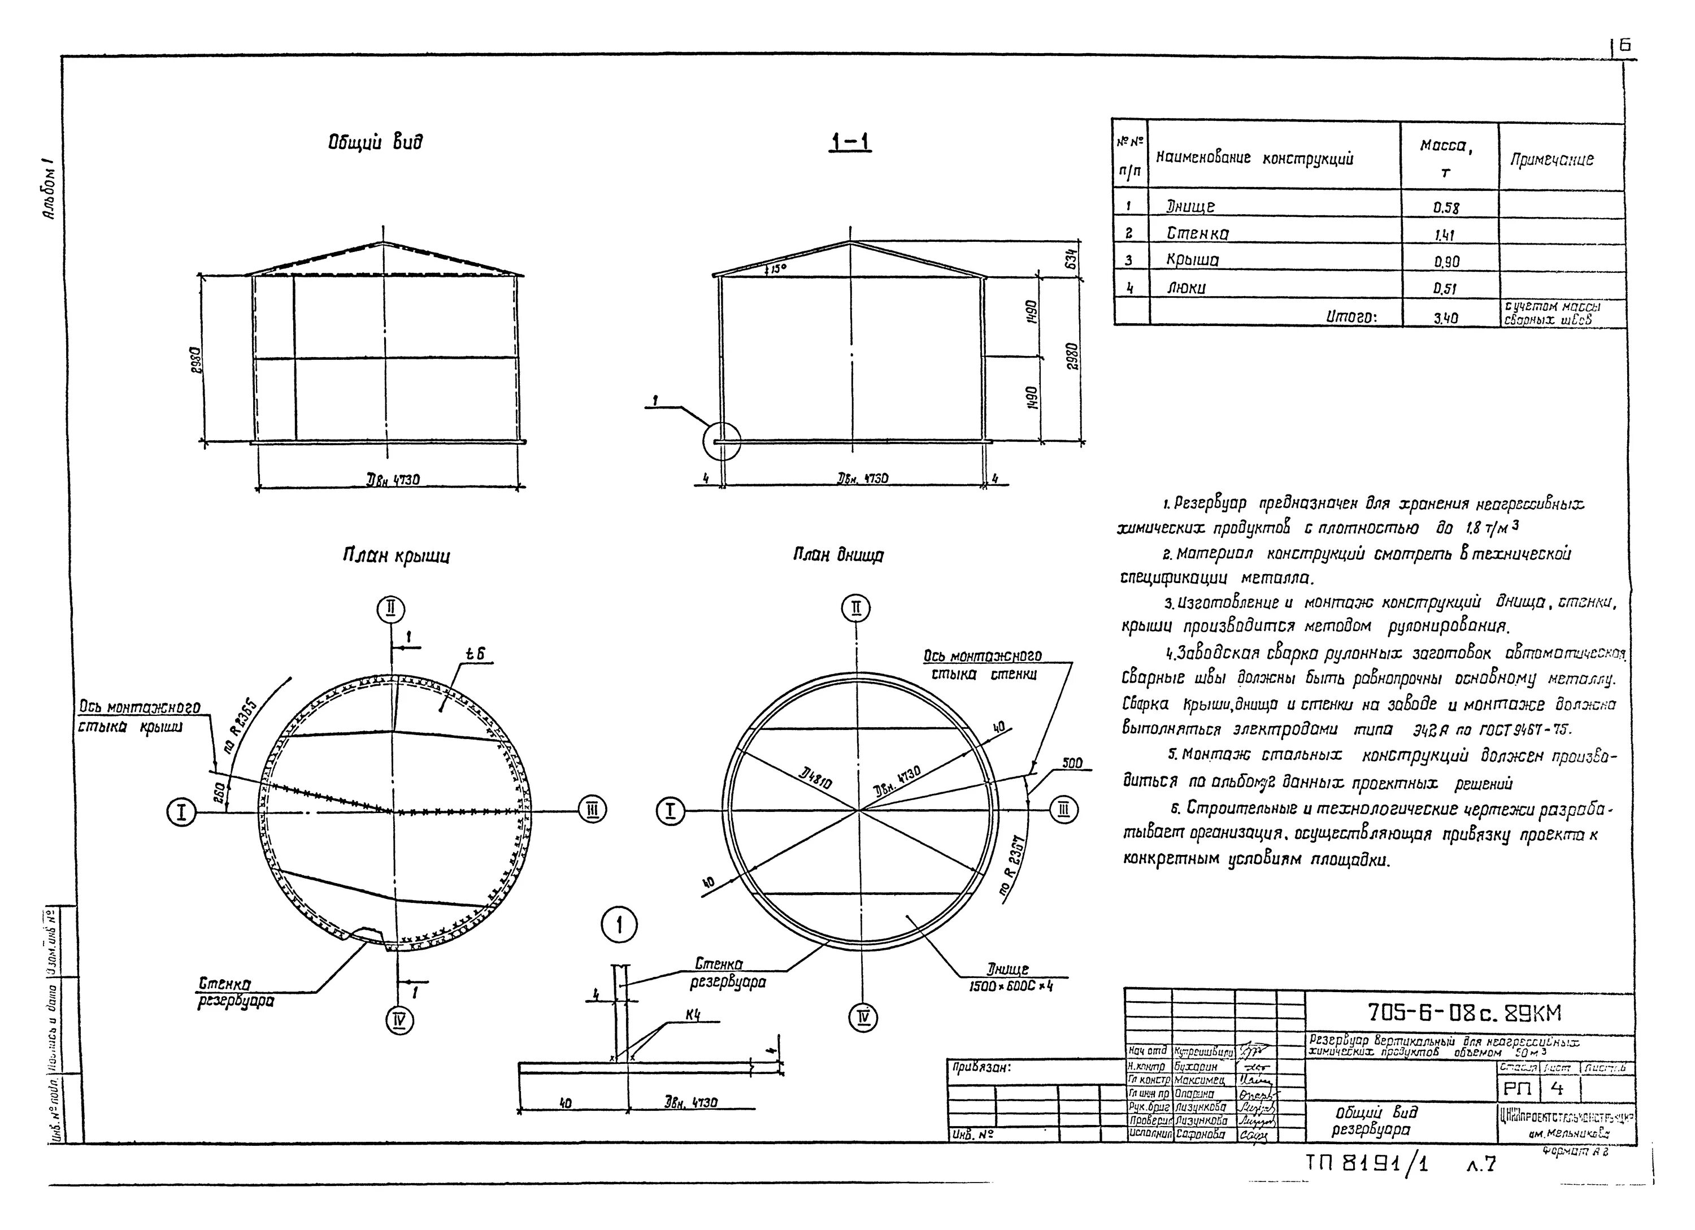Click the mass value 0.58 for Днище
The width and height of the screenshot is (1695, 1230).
(x=1445, y=208)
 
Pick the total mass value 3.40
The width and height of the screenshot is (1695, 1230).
(x=1445, y=318)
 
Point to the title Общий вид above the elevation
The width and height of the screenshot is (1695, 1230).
(x=375, y=142)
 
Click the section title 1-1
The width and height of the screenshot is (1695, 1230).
(x=850, y=141)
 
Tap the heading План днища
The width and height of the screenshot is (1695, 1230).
(x=838, y=555)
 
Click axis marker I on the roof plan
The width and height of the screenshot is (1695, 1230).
(x=181, y=811)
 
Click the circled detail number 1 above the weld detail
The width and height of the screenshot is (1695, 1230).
(x=619, y=927)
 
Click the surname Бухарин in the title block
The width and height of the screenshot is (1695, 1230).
(x=1196, y=1067)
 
